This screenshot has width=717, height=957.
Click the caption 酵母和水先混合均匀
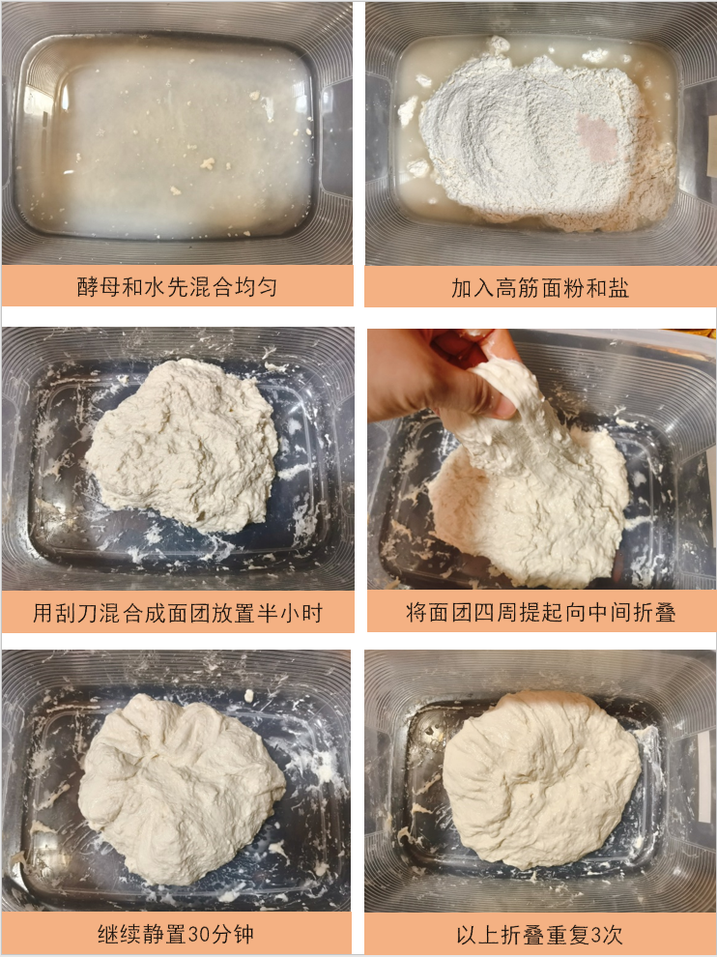point(177,287)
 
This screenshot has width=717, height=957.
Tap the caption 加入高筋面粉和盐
point(539,287)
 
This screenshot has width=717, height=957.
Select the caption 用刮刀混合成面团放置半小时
point(177,613)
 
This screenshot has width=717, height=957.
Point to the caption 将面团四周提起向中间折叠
point(539,613)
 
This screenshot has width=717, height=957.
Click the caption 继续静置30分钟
point(177,935)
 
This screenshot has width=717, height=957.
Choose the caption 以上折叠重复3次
point(539,935)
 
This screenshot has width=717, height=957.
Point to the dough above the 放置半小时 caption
point(184,445)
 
